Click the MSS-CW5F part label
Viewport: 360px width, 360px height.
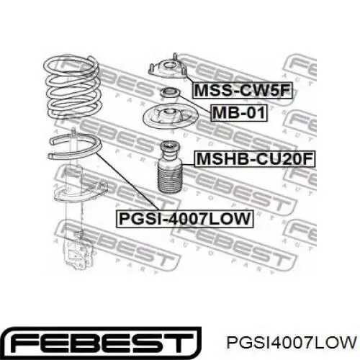[242, 91]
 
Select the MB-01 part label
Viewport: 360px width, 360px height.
[239, 113]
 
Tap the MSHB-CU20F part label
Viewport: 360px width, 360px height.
[255, 158]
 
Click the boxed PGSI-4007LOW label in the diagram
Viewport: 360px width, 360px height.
[184, 219]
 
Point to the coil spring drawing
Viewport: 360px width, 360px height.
[72, 88]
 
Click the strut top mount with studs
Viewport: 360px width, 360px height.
[168, 68]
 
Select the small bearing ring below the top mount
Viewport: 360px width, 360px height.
[170, 93]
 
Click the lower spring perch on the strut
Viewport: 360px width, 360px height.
[81, 192]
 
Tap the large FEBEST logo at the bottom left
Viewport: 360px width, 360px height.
[102, 342]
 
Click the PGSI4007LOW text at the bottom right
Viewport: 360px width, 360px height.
[291, 342]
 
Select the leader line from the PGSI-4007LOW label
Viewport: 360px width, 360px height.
[127, 181]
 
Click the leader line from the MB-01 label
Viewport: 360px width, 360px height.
[195, 104]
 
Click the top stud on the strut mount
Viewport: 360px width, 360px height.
[175, 56]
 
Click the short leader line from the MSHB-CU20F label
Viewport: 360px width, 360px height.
[189, 165]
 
